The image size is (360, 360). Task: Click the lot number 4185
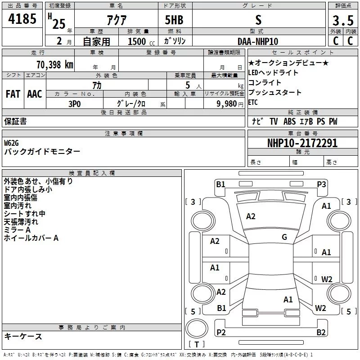(22, 19)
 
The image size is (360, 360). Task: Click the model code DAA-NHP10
(258, 41)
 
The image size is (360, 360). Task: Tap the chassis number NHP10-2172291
(302, 143)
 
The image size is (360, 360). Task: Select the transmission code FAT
(13, 94)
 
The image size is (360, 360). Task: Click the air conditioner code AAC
(35, 94)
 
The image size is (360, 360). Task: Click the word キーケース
(23, 336)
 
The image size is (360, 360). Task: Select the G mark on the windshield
(284, 237)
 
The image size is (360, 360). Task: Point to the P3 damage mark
(321, 184)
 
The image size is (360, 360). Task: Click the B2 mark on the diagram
(321, 333)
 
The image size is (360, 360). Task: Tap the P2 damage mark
(221, 333)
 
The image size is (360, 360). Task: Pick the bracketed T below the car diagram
(196, 345)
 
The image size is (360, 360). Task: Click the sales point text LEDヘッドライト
(273, 73)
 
